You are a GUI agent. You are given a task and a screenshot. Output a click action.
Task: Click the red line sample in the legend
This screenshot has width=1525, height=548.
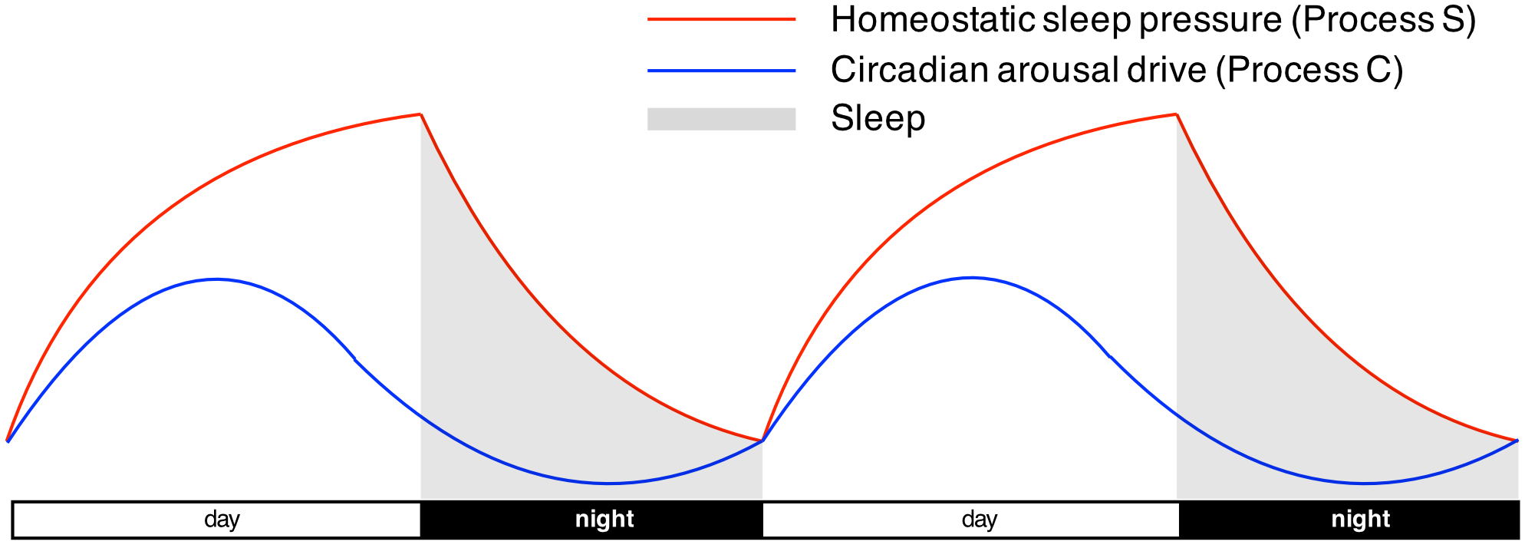(x=721, y=19)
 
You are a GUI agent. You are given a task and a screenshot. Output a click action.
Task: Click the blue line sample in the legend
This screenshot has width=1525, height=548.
(x=721, y=71)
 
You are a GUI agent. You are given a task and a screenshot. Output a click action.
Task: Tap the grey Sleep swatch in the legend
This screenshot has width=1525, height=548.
(x=721, y=119)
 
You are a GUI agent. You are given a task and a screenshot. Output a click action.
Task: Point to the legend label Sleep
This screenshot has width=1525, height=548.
(x=878, y=119)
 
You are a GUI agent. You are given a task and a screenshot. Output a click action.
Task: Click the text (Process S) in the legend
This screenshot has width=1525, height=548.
(x=1385, y=20)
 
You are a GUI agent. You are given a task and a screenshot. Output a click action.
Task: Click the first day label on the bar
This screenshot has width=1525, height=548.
(x=222, y=520)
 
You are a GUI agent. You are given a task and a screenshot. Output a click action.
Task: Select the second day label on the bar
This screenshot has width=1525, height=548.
(x=980, y=520)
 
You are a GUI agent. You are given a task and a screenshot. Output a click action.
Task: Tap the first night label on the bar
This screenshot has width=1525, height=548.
(x=604, y=520)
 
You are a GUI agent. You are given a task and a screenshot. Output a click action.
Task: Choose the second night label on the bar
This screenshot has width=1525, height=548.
(x=1361, y=520)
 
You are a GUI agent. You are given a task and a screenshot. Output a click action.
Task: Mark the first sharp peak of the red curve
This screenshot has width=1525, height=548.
(x=420, y=114)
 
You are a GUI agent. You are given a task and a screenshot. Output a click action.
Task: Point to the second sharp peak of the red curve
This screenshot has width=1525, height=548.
(x=1176, y=114)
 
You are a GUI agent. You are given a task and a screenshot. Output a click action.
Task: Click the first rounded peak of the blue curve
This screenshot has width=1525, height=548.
(x=217, y=279)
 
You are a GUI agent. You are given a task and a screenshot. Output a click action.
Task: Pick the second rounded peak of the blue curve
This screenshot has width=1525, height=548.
(x=971, y=278)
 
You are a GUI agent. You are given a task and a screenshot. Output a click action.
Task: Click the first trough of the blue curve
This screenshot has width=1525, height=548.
(x=608, y=484)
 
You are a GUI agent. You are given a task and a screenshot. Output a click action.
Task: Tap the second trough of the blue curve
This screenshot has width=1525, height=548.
(x=1365, y=484)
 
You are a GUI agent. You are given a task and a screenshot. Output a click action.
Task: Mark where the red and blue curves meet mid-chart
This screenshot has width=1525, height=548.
(x=762, y=441)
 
